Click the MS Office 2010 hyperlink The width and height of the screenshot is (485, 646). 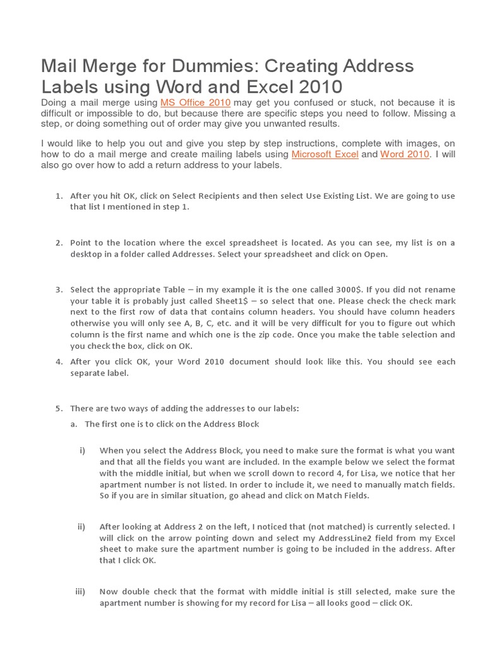(x=195, y=102)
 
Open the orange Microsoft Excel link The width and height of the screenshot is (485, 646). (x=325, y=155)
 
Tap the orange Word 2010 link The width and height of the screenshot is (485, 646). (x=405, y=155)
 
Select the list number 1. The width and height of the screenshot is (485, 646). (x=58, y=196)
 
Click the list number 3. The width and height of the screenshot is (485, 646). (x=58, y=290)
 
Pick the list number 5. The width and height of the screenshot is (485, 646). (x=58, y=408)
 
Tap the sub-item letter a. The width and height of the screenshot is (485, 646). (x=73, y=424)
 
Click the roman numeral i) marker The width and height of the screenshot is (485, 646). (x=81, y=451)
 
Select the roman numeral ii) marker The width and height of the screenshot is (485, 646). (x=81, y=527)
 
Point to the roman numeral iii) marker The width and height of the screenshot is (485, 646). (x=80, y=592)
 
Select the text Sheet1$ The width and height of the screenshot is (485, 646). (x=224, y=301)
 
